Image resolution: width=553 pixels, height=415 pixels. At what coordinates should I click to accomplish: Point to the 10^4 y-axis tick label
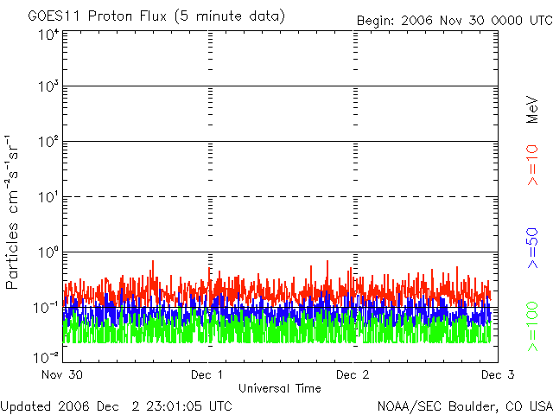coord(47,35)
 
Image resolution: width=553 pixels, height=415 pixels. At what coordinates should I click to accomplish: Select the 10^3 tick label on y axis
coord(47,88)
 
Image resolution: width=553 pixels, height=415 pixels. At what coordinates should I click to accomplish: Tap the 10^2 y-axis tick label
coord(47,143)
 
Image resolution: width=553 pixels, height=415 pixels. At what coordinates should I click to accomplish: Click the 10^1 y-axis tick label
coord(47,198)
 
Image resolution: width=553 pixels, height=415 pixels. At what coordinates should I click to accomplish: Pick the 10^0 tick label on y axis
coord(47,253)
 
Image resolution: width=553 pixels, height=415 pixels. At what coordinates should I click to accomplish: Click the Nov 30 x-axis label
coord(62,375)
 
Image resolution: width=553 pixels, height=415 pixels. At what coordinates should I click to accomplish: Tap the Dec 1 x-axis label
coord(207,375)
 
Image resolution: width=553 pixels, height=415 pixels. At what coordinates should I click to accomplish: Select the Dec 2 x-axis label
coord(353,375)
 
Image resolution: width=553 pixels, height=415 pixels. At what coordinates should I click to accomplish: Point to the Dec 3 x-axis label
coord(497,375)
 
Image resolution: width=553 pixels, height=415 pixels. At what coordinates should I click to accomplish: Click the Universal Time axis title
coord(280,388)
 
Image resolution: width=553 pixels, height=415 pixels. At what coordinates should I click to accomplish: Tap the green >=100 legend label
coord(533,328)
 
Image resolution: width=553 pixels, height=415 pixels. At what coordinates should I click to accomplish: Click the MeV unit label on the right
coord(533,112)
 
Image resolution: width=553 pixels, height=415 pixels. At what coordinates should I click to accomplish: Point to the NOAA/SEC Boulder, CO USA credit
coord(464,405)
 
